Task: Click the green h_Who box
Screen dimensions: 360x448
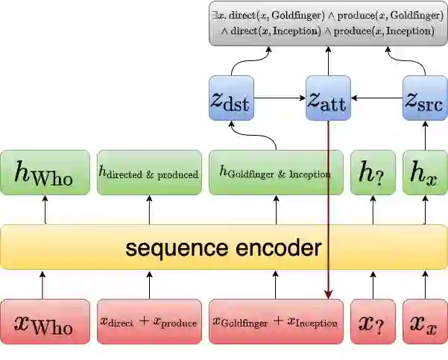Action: coord(44,172)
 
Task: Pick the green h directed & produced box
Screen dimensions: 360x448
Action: coord(149,172)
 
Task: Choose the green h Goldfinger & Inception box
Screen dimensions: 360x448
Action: coord(275,172)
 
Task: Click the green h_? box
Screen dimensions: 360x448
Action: coord(373,172)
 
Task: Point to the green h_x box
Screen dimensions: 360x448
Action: coord(425,172)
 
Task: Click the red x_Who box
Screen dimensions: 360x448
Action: coord(44,322)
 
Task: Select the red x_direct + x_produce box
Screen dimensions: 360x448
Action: coord(149,322)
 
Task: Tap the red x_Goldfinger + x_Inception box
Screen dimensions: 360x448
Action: coord(275,322)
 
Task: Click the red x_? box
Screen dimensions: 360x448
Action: coord(373,322)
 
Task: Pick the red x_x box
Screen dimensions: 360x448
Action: coord(425,322)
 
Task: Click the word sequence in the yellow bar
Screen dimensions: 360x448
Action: coord(172,247)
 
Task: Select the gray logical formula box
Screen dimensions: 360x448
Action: coord(327,22)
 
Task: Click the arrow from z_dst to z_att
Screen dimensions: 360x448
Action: coord(280,98)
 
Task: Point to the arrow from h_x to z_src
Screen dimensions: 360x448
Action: coord(425,134)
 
